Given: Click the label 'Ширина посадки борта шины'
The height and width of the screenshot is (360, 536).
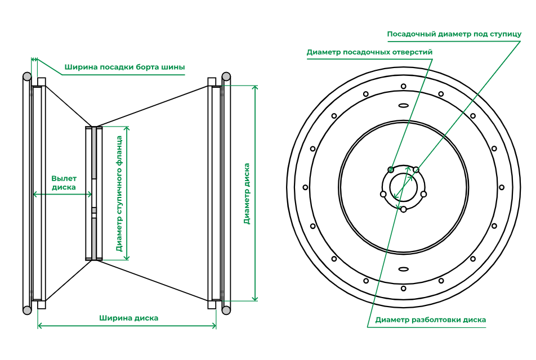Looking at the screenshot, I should (124, 67).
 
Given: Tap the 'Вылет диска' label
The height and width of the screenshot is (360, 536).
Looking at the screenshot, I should (64, 183).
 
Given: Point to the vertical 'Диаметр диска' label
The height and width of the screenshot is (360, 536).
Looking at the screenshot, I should (247, 193).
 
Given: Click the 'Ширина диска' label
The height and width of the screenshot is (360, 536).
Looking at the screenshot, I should (129, 318).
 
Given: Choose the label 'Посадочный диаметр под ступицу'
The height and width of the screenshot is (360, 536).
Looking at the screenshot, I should (454, 34).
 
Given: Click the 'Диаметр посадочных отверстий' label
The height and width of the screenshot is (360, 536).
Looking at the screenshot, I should (369, 52).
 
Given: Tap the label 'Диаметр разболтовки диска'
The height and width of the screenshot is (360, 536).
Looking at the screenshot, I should (430, 320).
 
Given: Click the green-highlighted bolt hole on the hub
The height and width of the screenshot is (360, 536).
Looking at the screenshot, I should (391, 169).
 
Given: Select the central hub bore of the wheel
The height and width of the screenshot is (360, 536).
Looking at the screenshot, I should (403, 187).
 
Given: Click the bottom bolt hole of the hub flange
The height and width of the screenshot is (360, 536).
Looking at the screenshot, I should (403, 209).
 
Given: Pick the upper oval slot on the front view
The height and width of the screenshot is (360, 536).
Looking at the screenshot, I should (403, 105).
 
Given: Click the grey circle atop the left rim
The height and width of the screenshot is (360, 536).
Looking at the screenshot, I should (26, 76).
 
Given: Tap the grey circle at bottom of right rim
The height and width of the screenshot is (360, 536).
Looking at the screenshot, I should (226, 309).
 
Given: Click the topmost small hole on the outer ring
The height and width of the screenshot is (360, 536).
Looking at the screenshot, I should (403, 86).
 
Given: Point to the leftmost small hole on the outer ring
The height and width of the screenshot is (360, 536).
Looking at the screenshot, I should (306, 187).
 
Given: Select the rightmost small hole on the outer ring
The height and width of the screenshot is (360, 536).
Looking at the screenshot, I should (501, 187).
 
